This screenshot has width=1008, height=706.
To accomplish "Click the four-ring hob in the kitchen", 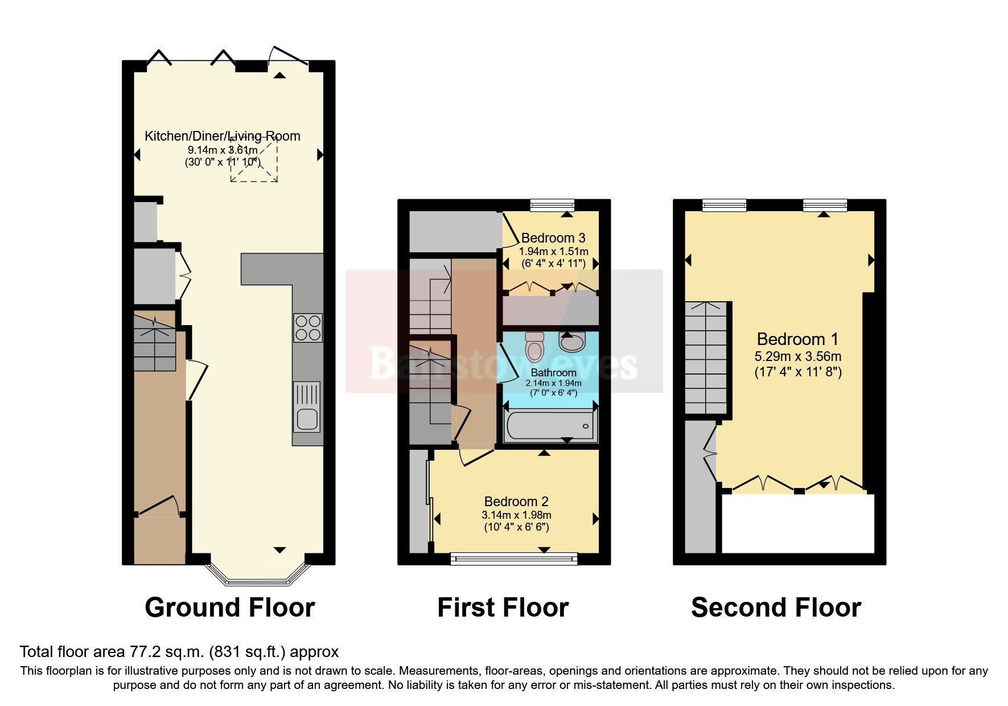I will (x=308, y=328).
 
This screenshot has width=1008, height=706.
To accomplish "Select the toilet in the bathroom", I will (x=534, y=347).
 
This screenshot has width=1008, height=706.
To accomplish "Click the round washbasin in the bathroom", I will (x=571, y=342).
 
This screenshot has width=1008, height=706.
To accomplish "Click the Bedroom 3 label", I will (x=553, y=238).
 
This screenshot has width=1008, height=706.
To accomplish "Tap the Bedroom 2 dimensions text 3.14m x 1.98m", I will (x=516, y=515).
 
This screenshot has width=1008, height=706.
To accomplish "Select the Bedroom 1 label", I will (x=797, y=339).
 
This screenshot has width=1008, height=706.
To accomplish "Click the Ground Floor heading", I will (x=229, y=608).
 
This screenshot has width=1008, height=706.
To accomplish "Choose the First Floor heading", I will (x=503, y=608).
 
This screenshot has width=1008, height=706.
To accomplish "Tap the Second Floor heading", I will (x=776, y=608).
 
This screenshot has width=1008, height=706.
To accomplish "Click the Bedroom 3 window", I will (x=552, y=205).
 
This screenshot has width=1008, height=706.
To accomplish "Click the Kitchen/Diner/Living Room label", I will (x=222, y=136).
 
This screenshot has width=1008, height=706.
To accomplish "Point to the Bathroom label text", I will (x=553, y=373).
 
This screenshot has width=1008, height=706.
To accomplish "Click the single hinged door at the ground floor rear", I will (x=289, y=57).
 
